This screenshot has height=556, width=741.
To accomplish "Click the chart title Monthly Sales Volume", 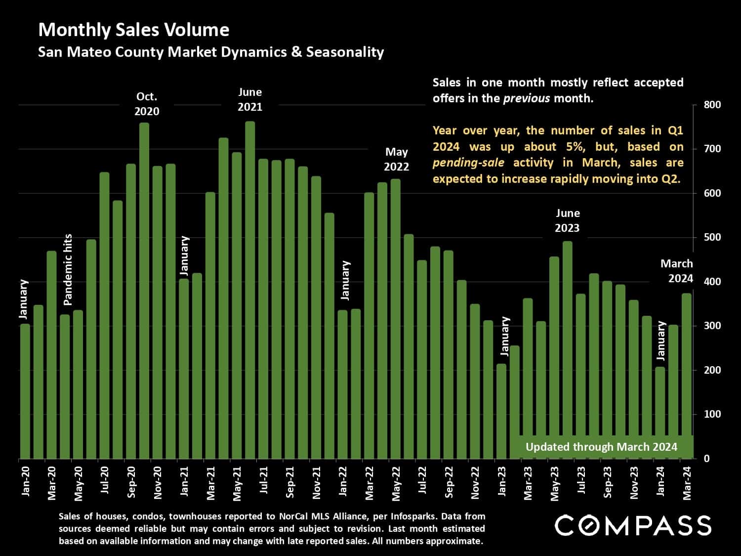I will click(x=133, y=30).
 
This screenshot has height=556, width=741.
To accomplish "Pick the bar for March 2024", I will click(x=687, y=376).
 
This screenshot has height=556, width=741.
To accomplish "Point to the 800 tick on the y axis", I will click(x=713, y=105).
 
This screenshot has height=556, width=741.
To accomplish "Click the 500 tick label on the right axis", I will click(x=713, y=237).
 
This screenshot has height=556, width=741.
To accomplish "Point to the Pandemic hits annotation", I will click(x=68, y=269).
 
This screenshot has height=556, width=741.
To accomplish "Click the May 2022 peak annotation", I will click(x=397, y=159).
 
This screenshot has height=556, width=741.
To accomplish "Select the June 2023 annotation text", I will click(x=567, y=220).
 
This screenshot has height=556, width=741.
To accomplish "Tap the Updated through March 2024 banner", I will click(x=601, y=447).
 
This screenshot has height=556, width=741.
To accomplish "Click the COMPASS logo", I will click(x=633, y=525).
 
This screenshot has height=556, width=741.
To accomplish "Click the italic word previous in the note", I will click(x=526, y=98).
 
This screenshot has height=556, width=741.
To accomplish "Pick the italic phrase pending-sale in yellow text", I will click(x=468, y=163).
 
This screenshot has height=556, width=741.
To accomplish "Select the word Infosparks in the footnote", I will click(x=413, y=516).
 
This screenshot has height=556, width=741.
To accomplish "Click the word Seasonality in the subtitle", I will click(x=345, y=52).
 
